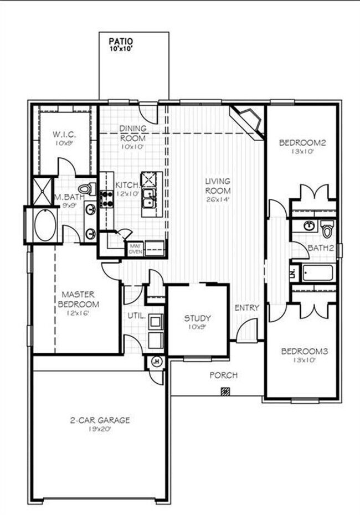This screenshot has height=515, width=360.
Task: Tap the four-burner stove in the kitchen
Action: tap(106, 199)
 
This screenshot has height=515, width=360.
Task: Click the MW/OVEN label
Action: tap(136, 248)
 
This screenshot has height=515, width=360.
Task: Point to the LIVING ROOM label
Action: tap(218, 186)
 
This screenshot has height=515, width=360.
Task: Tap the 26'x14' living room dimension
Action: tap(218, 199)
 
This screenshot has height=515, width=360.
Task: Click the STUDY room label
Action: tap(197, 318)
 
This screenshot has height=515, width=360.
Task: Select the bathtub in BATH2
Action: tap(317, 272)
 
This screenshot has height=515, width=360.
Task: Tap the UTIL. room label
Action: tap(136, 317)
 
